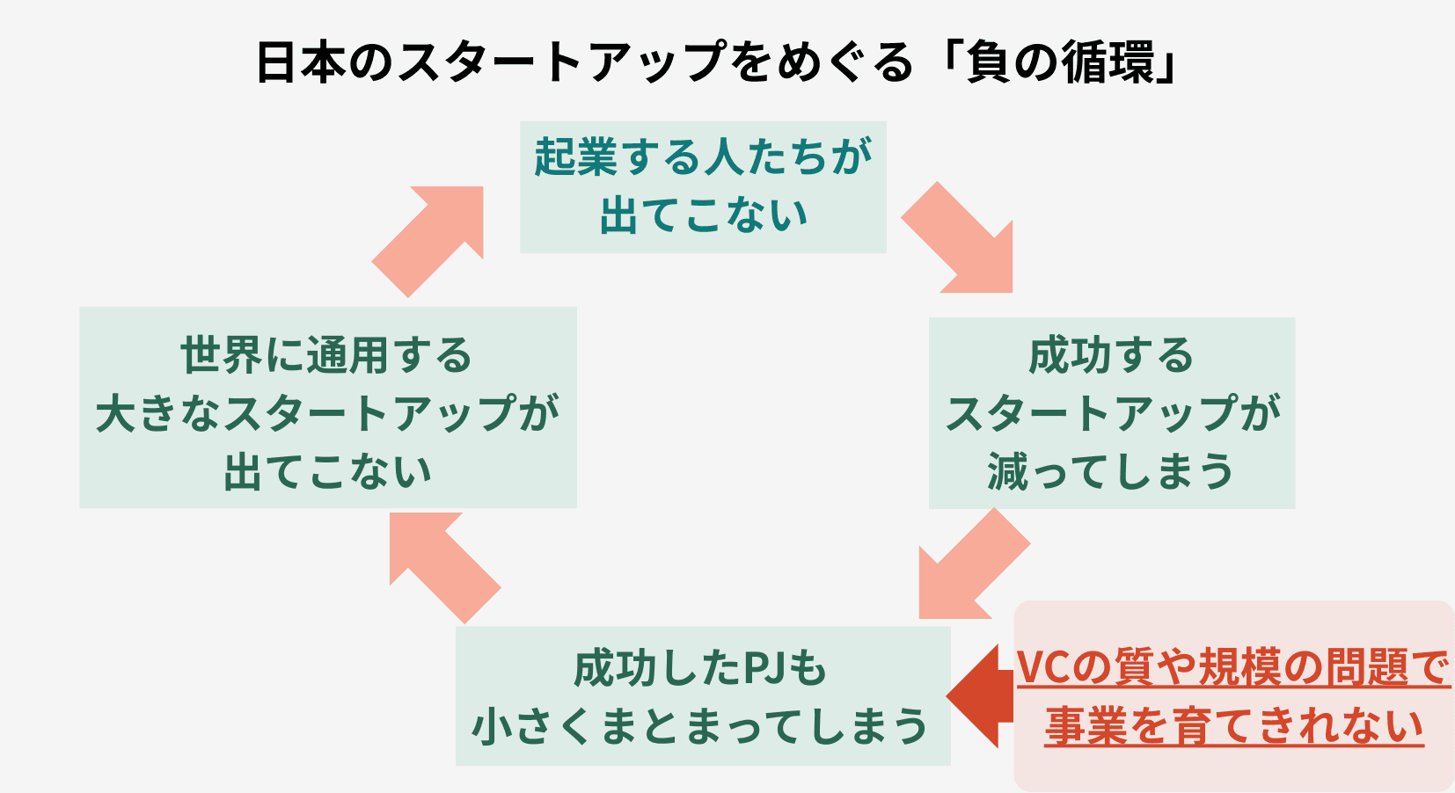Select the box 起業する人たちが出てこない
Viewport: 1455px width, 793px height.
click(703, 187)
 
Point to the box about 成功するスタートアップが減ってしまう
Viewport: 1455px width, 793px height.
click(1111, 412)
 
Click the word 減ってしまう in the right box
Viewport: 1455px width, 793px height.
click(1111, 472)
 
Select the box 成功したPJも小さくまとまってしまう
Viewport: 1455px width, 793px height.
click(702, 695)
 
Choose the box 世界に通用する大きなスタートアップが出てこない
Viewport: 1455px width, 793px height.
click(327, 407)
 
